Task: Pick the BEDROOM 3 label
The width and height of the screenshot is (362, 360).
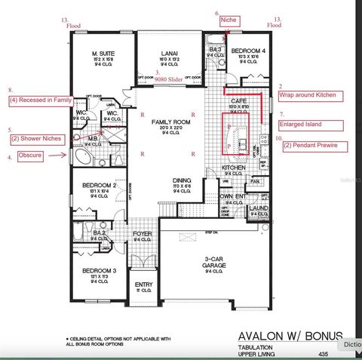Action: (x=99, y=270)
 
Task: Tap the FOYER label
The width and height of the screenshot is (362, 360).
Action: (x=143, y=234)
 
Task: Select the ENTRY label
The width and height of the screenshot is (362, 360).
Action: (x=143, y=285)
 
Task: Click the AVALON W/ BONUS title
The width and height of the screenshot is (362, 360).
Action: (x=290, y=334)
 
